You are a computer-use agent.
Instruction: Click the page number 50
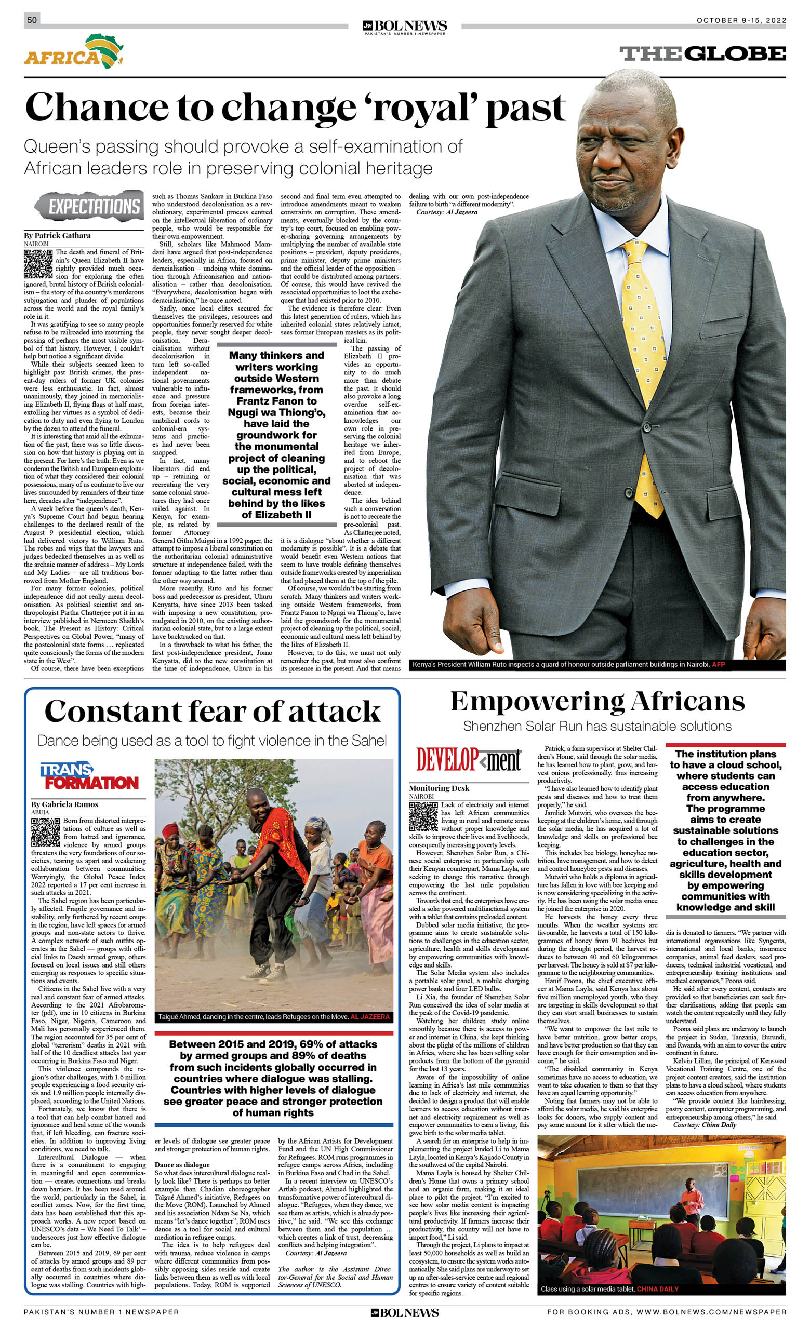point(32,20)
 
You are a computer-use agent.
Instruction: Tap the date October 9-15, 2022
point(741,20)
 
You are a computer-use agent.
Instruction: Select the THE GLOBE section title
point(702,54)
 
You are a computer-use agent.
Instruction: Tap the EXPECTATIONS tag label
point(89,206)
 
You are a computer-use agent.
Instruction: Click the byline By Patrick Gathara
point(57,236)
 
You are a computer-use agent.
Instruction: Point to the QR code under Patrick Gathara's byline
point(38,263)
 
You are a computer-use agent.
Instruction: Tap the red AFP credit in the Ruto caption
point(718,665)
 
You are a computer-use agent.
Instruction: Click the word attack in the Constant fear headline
point(334,712)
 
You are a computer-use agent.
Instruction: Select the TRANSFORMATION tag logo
point(89,776)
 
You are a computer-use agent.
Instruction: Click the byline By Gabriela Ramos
point(65,804)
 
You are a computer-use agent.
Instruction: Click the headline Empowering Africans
point(597,702)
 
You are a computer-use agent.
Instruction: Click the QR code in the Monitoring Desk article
point(423,816)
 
